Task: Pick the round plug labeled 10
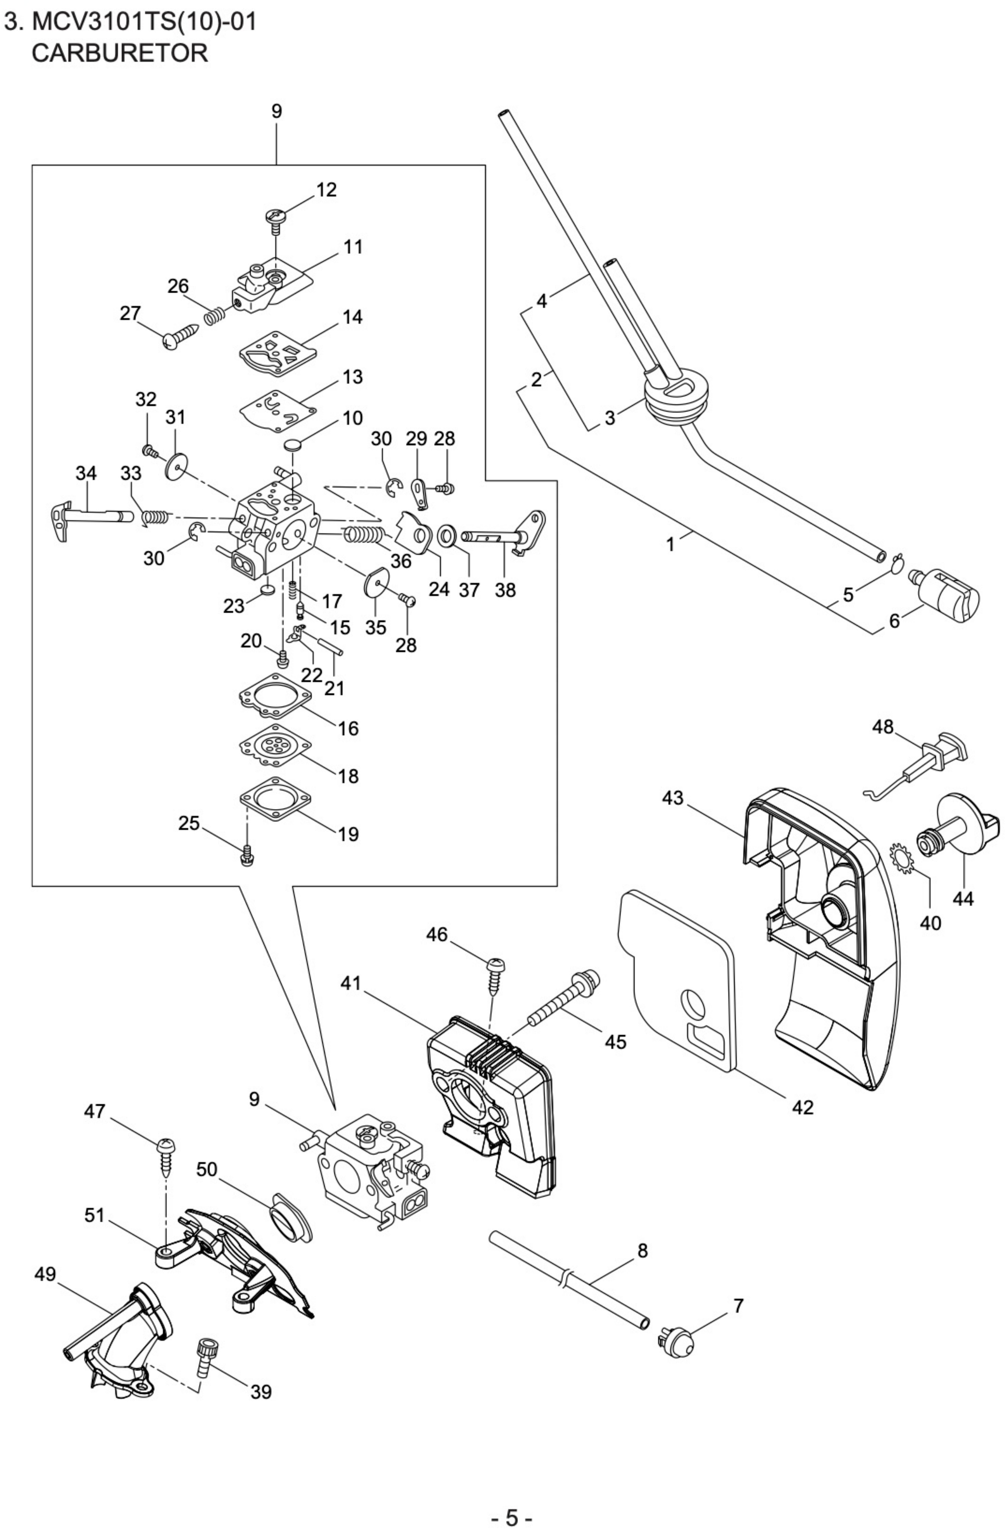(294, 443)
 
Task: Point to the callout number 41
(351, 984)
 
